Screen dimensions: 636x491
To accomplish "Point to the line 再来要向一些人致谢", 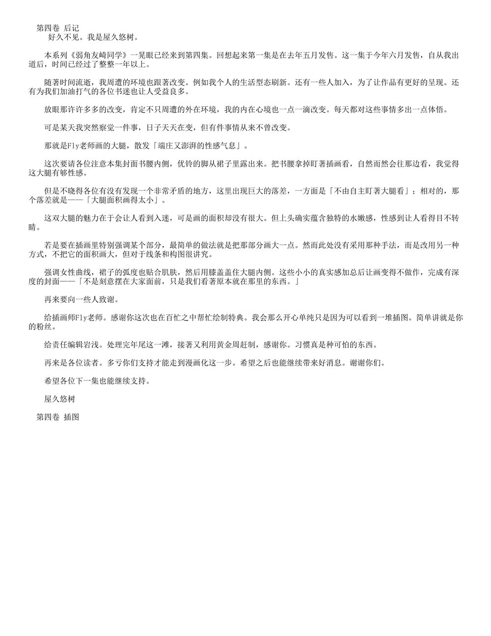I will [x=81, y=299].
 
